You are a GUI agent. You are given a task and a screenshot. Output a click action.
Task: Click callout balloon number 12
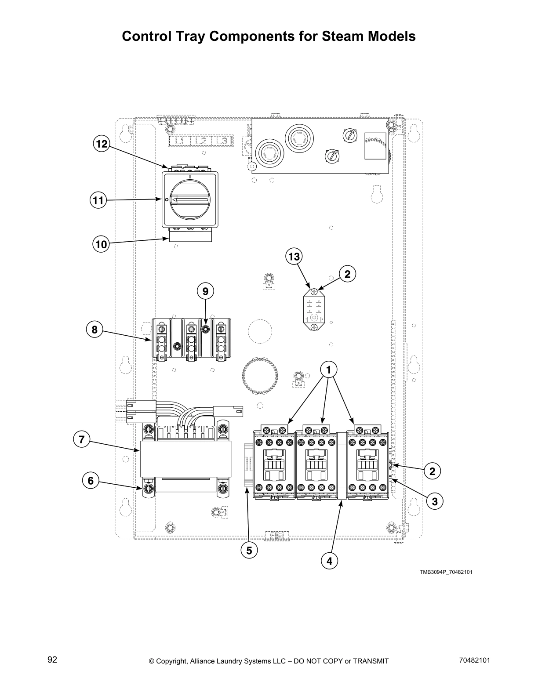pyautogui.click(x=102, y=144)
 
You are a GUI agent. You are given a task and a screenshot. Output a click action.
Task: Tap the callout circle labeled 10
pyautogui.click(x=102, y=244)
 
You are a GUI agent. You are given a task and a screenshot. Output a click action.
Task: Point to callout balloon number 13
pyautogui.click(x=294, y=256)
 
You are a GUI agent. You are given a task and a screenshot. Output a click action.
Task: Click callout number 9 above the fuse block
pyautogui.click(x=205, y=291)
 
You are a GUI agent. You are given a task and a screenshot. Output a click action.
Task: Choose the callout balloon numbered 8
pyautogui.click(x=95, y=330)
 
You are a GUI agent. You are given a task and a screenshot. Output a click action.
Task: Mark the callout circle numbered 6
pyautogui.click(x=91, y=481)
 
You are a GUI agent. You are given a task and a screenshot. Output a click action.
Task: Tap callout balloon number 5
pyautogui.click(x=249, y=550)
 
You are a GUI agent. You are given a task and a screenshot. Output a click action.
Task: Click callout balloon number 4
pyautogui.click(x=329, y=561)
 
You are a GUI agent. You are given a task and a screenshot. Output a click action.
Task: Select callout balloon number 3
pyautogui.click(x=434, y=501)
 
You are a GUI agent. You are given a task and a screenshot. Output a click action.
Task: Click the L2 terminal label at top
pyautogui.click(x=201, y=141)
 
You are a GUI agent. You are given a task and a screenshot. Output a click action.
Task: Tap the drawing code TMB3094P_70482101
pyautogui.click(x=446, y=572)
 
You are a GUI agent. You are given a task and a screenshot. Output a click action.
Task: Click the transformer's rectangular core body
pyautogui.click(x=185, y=459)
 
